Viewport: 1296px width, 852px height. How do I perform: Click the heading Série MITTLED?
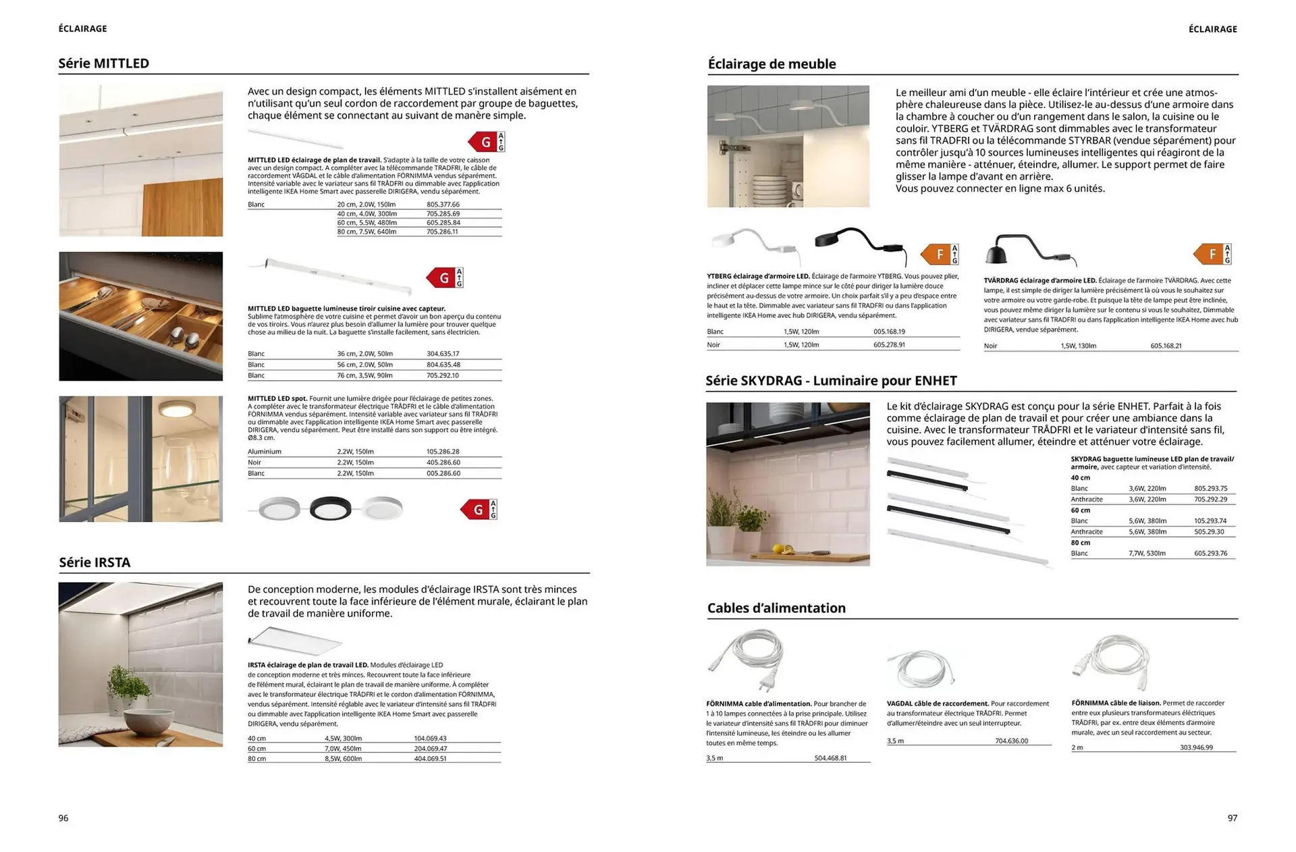tap(103, 63)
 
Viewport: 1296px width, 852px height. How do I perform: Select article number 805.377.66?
tap(443, 205)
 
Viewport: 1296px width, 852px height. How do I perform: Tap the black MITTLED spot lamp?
tap(330, 509)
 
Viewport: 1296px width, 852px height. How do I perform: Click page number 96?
tap(63, 818)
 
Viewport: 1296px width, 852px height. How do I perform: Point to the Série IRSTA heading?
tap(94, 562)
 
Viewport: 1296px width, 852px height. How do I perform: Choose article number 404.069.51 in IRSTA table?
tap(430, 759)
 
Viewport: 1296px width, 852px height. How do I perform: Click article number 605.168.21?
tap(1166, 346)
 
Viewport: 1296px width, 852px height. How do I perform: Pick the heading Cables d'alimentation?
tap(776, 608)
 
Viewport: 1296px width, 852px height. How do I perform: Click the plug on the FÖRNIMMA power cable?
tap(765, 684)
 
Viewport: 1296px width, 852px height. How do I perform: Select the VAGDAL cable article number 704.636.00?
tap(1011, 741)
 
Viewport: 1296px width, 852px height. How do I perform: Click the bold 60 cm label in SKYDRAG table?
tap(1080, 510)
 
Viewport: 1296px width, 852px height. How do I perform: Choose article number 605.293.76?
tap(1210, 554)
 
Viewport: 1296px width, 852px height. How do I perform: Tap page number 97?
tap(1232, 818)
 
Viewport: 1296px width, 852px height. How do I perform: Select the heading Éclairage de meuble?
tap(771, 64)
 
